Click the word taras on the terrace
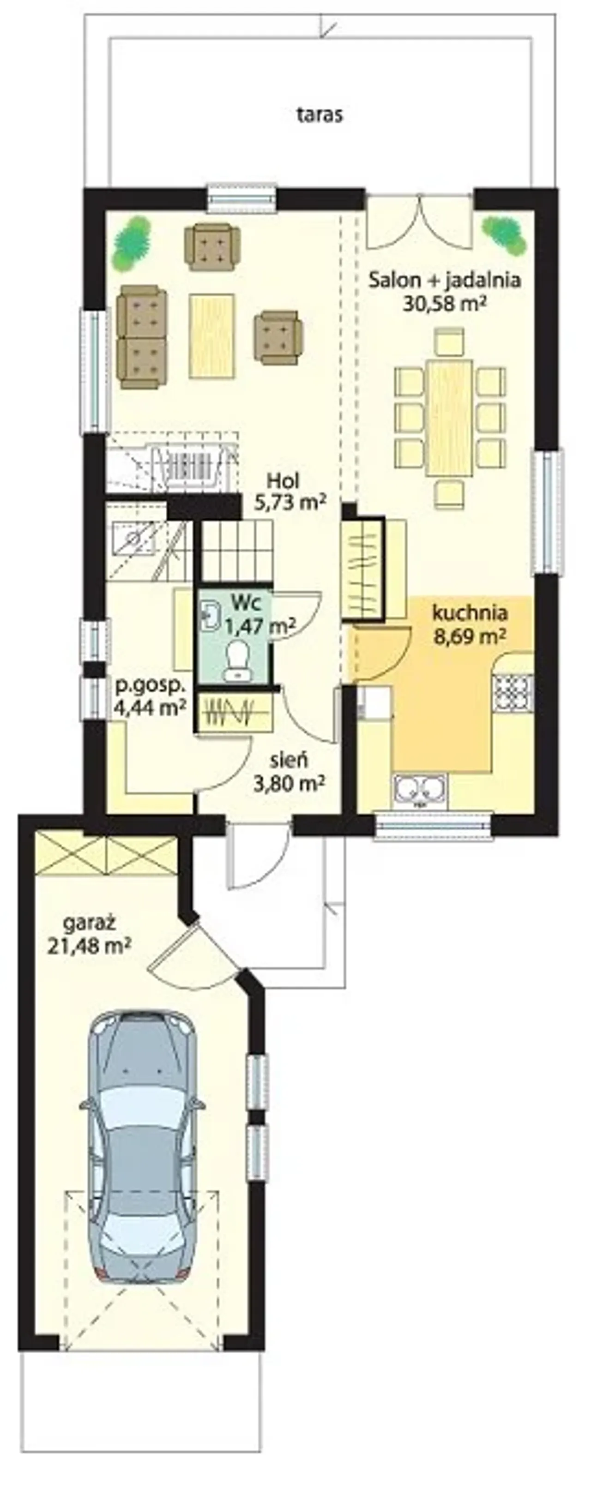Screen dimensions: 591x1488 [x=320, y=114]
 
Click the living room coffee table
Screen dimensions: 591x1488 [x=212, y=336]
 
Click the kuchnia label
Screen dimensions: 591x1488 [x=470, y=613]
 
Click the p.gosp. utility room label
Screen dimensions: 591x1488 [x=150, y=687]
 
